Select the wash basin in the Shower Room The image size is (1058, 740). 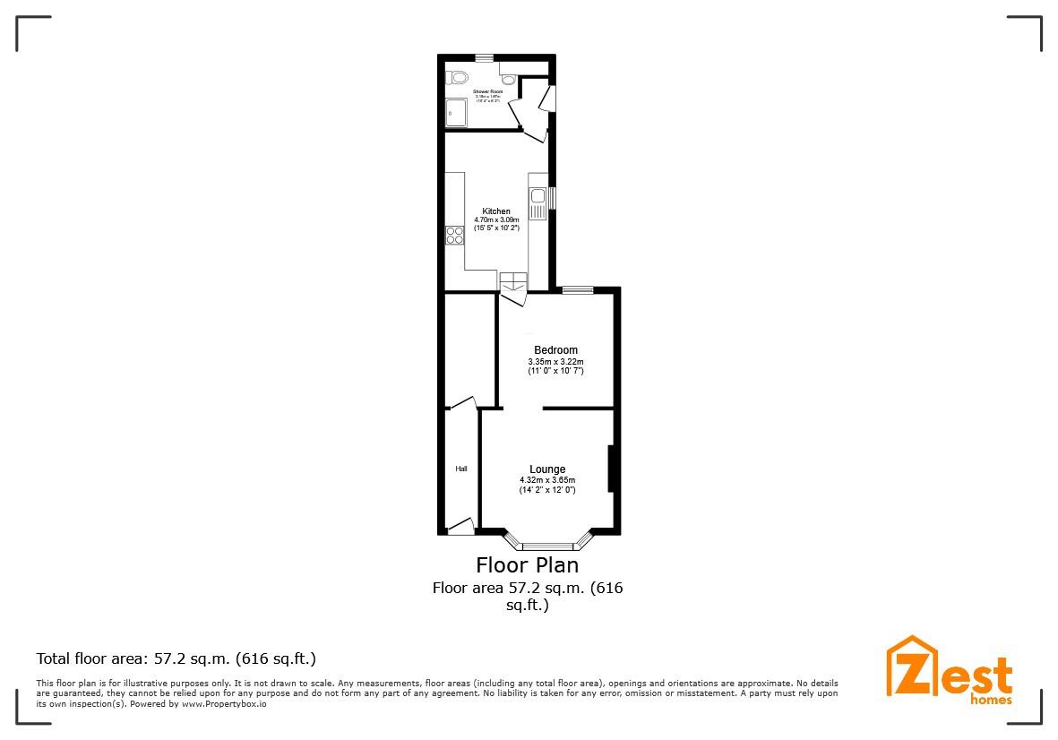coord(508,79)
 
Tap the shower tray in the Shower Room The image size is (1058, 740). coord(455,113)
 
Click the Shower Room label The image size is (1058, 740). coord(488,91)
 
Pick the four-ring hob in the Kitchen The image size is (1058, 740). coord(454,236)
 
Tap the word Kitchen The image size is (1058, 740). coord(496,211)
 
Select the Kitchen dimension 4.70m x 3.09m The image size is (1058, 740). coord(496,219)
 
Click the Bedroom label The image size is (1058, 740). coord(555,349)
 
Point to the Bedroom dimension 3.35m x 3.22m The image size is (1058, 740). coord(555,361)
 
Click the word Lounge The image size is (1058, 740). coord(547,469)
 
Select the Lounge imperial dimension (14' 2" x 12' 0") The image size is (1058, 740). coord(547,490)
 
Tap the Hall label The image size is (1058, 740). coord(461,469)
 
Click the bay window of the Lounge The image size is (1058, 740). coord(548,545)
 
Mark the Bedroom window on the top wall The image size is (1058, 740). coord(578,289)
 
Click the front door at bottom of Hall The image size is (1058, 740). coord(460,527)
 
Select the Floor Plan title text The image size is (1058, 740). coord(527,565)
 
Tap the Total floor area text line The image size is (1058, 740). coord(176,658)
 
